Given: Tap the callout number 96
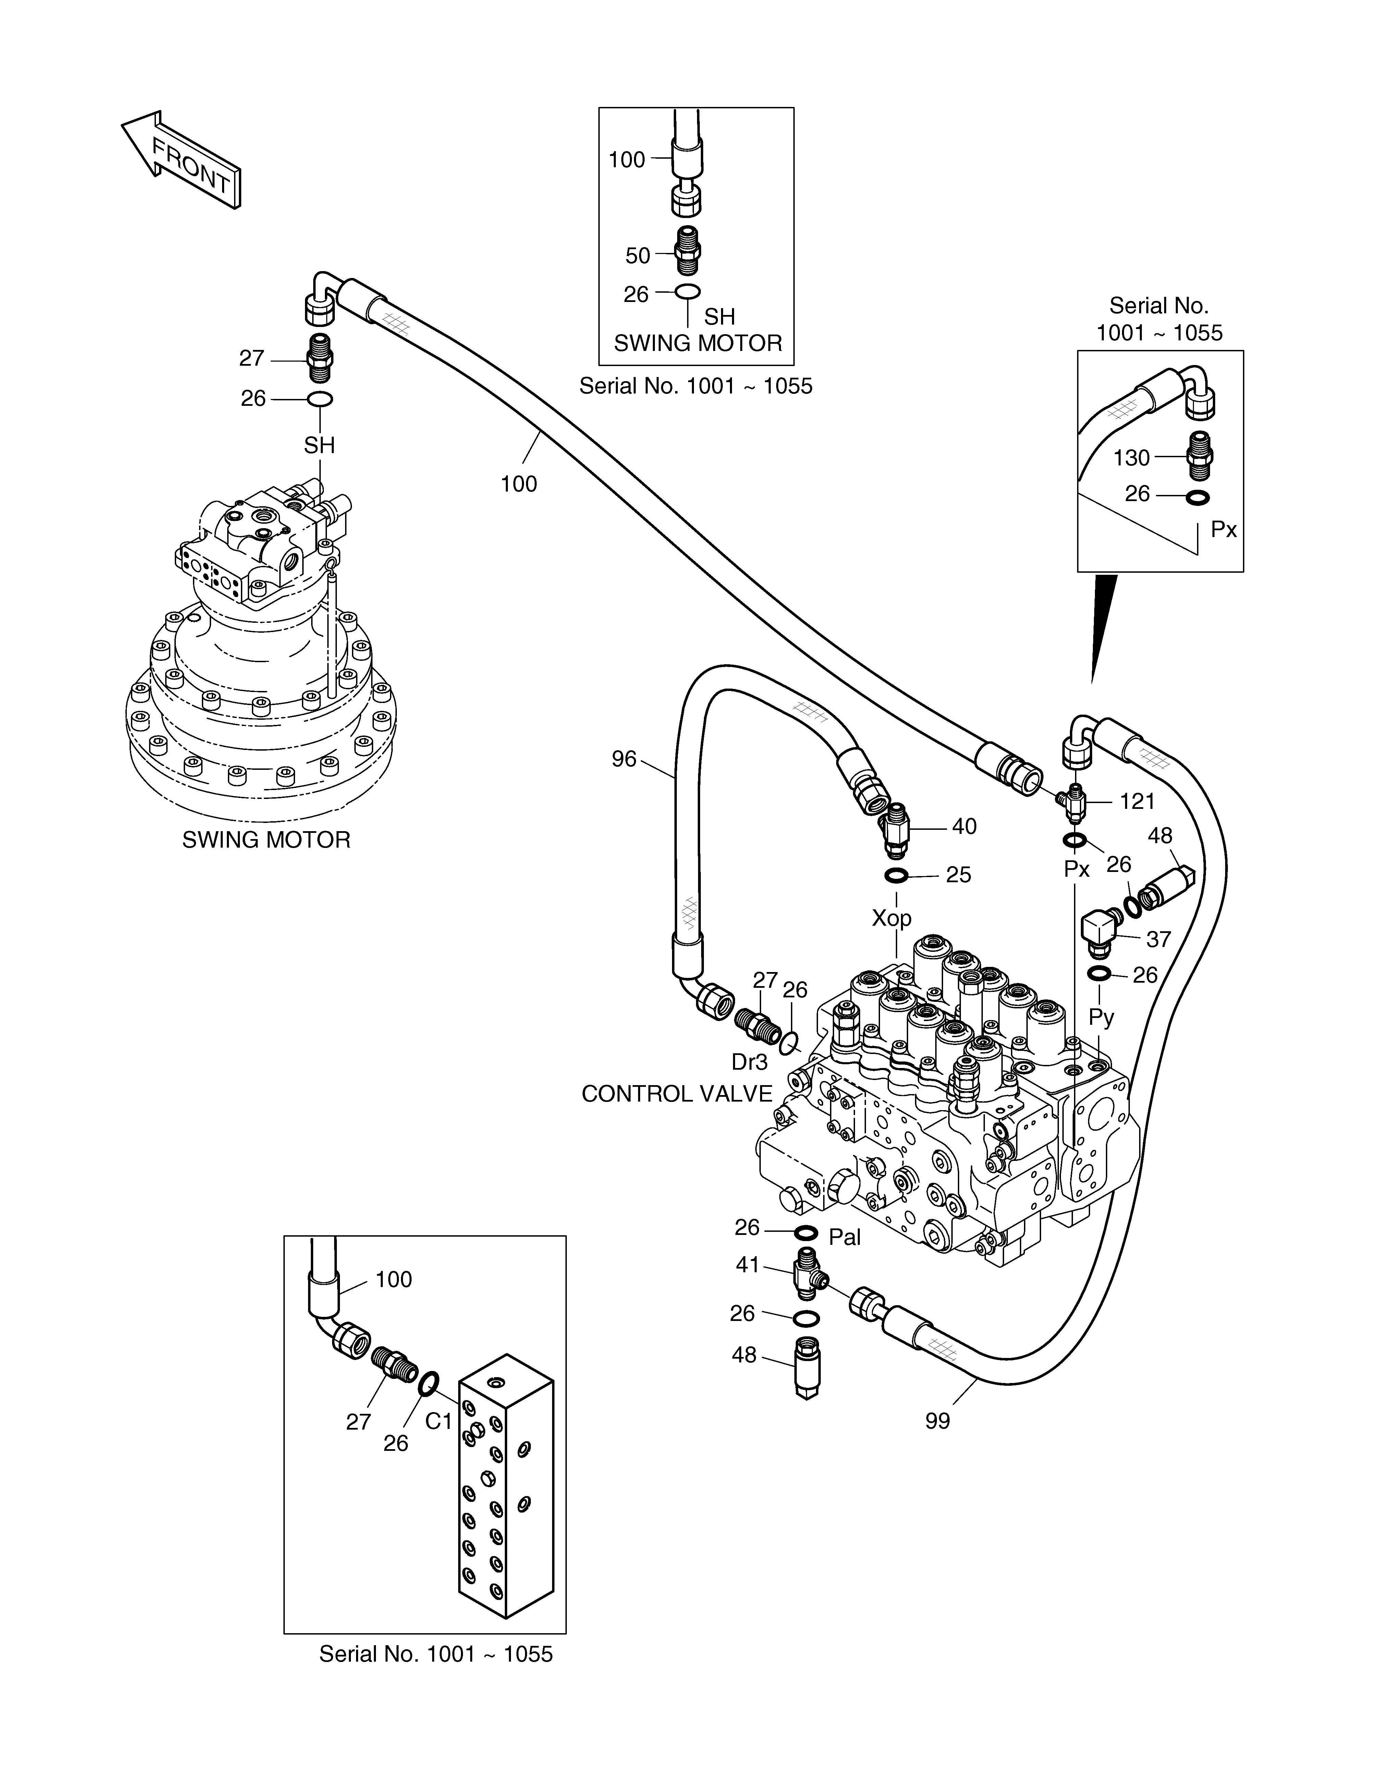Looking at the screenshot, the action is [624, 760].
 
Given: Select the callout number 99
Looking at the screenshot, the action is [938, 1421].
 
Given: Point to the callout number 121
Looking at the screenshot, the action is [1137, 801].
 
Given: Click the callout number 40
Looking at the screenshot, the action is [964, 827].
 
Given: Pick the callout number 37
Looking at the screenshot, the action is [1158, 939].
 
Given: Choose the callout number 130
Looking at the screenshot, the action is [1132, 458].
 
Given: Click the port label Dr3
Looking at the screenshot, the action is [749, 1062].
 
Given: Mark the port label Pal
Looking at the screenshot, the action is [845, 1238].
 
